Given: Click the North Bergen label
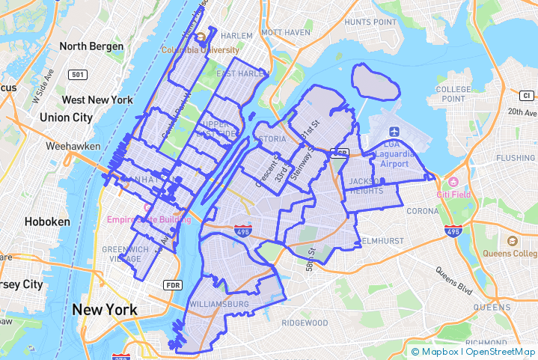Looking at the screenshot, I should (x=91, y=46).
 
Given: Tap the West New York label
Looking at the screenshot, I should (x=97, y=100).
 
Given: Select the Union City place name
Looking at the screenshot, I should (x=66, y=118).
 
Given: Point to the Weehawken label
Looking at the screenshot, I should (x=68, y=146).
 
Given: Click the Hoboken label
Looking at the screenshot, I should (x=46, y=222).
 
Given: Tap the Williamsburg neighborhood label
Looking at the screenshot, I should (x=219, y=305).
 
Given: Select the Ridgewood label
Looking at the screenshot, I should (x=305, y=323).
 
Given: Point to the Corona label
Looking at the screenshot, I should (x=422, y=211).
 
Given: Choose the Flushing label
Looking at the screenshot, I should (x=516, y=158).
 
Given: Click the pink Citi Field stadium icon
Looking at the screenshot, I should (x=451, y=183).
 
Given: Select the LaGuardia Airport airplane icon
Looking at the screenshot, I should (x=394, y=132).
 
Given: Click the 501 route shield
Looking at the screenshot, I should (x=78, y=75).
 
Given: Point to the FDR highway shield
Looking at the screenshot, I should (x=173, y=285).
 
